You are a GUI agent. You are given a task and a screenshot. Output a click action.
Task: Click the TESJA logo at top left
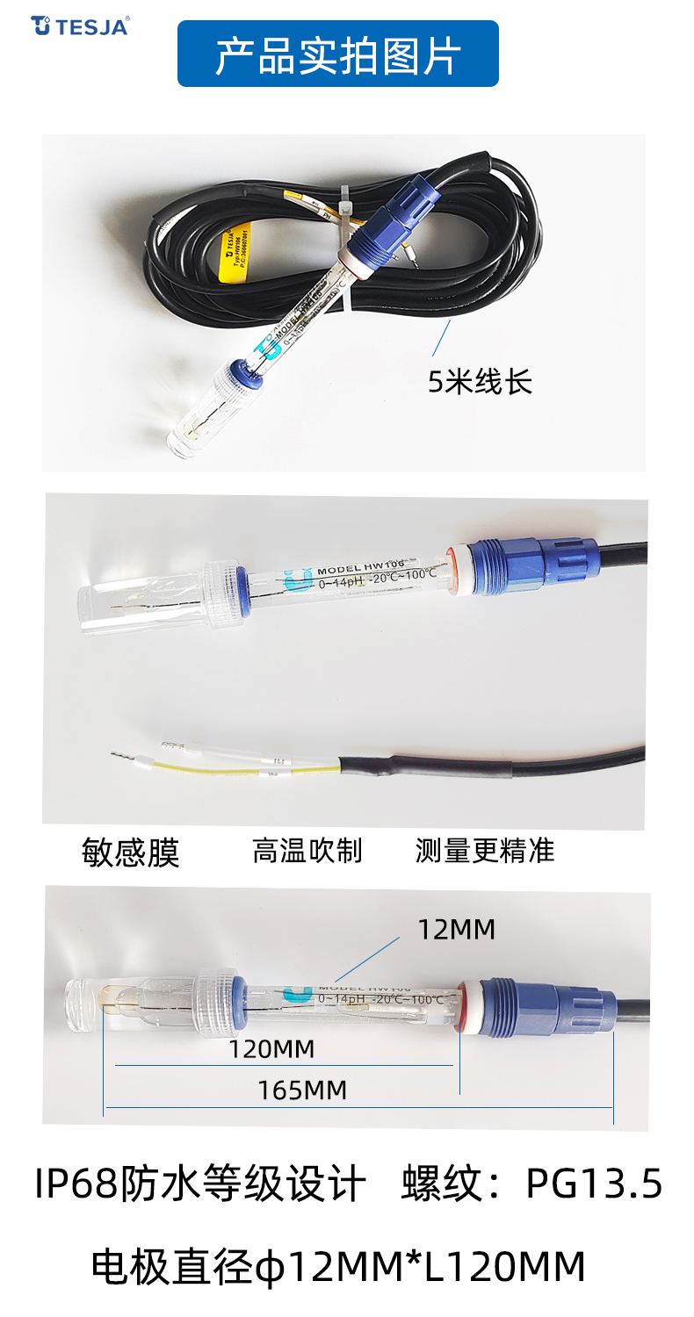(80, 25)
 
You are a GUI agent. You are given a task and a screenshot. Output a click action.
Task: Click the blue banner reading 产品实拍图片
(338, 54)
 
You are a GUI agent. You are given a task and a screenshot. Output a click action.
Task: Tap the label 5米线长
(480, 382)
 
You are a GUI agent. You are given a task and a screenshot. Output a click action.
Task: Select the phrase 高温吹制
(307, 850)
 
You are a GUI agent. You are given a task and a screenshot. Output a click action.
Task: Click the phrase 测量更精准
(485, 850)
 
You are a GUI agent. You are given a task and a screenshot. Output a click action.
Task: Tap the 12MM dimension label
(456, 929)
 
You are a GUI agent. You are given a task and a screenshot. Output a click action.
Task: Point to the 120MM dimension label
(271, 1048)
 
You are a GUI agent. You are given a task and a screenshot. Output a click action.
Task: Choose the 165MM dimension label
(302, 1090)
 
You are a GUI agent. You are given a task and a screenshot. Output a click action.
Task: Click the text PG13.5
(594, 1185)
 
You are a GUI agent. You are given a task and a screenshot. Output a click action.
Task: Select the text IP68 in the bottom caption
(76, 1185)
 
